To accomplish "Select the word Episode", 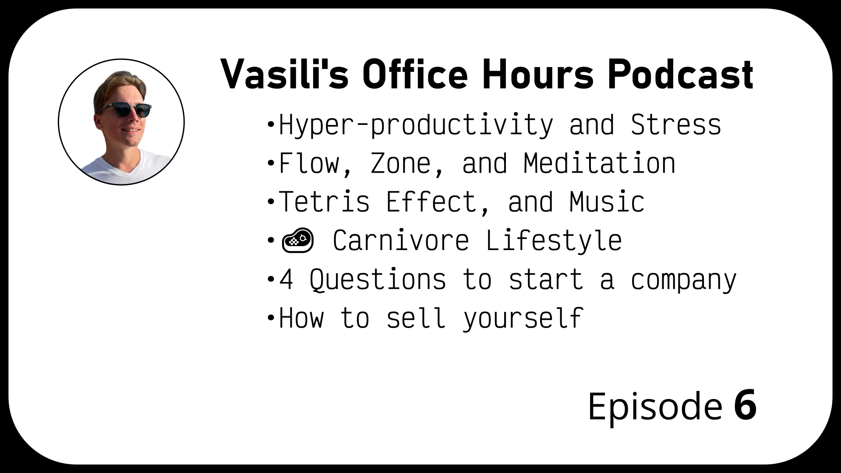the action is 655,406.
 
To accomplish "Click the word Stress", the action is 676,125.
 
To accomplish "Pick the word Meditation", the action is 599,163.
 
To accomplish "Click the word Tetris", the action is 324,202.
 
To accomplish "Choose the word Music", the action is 607,202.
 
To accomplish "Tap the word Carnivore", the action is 401,240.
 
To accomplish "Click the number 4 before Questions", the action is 286,279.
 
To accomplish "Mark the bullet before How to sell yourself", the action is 270,317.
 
